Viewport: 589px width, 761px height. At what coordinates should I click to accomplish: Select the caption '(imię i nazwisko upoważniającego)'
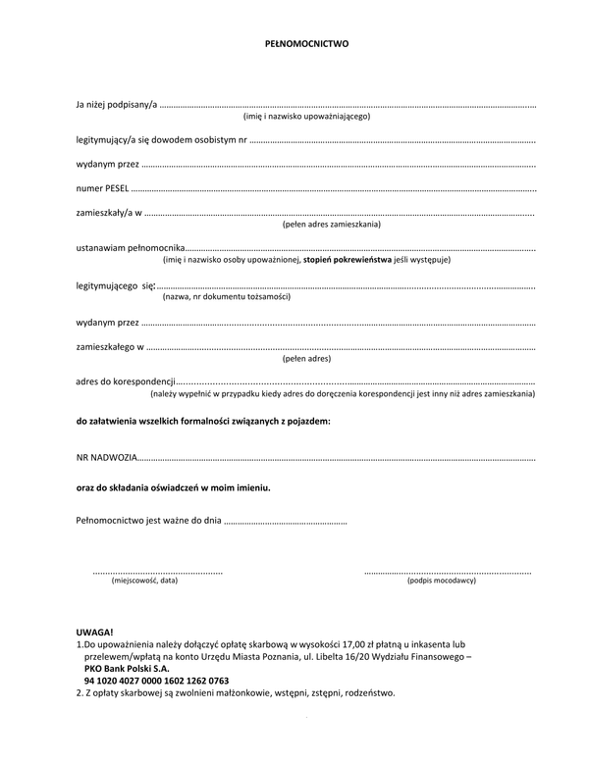306,117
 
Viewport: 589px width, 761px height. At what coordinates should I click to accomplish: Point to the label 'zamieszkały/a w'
109,213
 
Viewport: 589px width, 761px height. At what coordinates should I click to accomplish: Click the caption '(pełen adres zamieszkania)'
332,225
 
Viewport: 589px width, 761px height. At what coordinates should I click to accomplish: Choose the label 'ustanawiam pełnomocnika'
130,249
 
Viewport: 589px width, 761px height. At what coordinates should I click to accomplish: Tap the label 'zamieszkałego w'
109,346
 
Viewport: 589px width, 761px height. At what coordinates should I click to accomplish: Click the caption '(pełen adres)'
306,358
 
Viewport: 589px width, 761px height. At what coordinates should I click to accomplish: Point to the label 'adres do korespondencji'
125,381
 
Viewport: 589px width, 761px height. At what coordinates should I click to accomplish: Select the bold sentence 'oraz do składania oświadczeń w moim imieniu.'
173,487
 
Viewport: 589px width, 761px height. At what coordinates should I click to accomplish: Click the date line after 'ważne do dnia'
286,523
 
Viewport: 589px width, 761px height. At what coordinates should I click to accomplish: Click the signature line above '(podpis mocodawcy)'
448,572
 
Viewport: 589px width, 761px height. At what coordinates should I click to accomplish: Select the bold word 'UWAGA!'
94,633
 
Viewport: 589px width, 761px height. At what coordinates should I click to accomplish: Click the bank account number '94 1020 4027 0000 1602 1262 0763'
157,680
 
